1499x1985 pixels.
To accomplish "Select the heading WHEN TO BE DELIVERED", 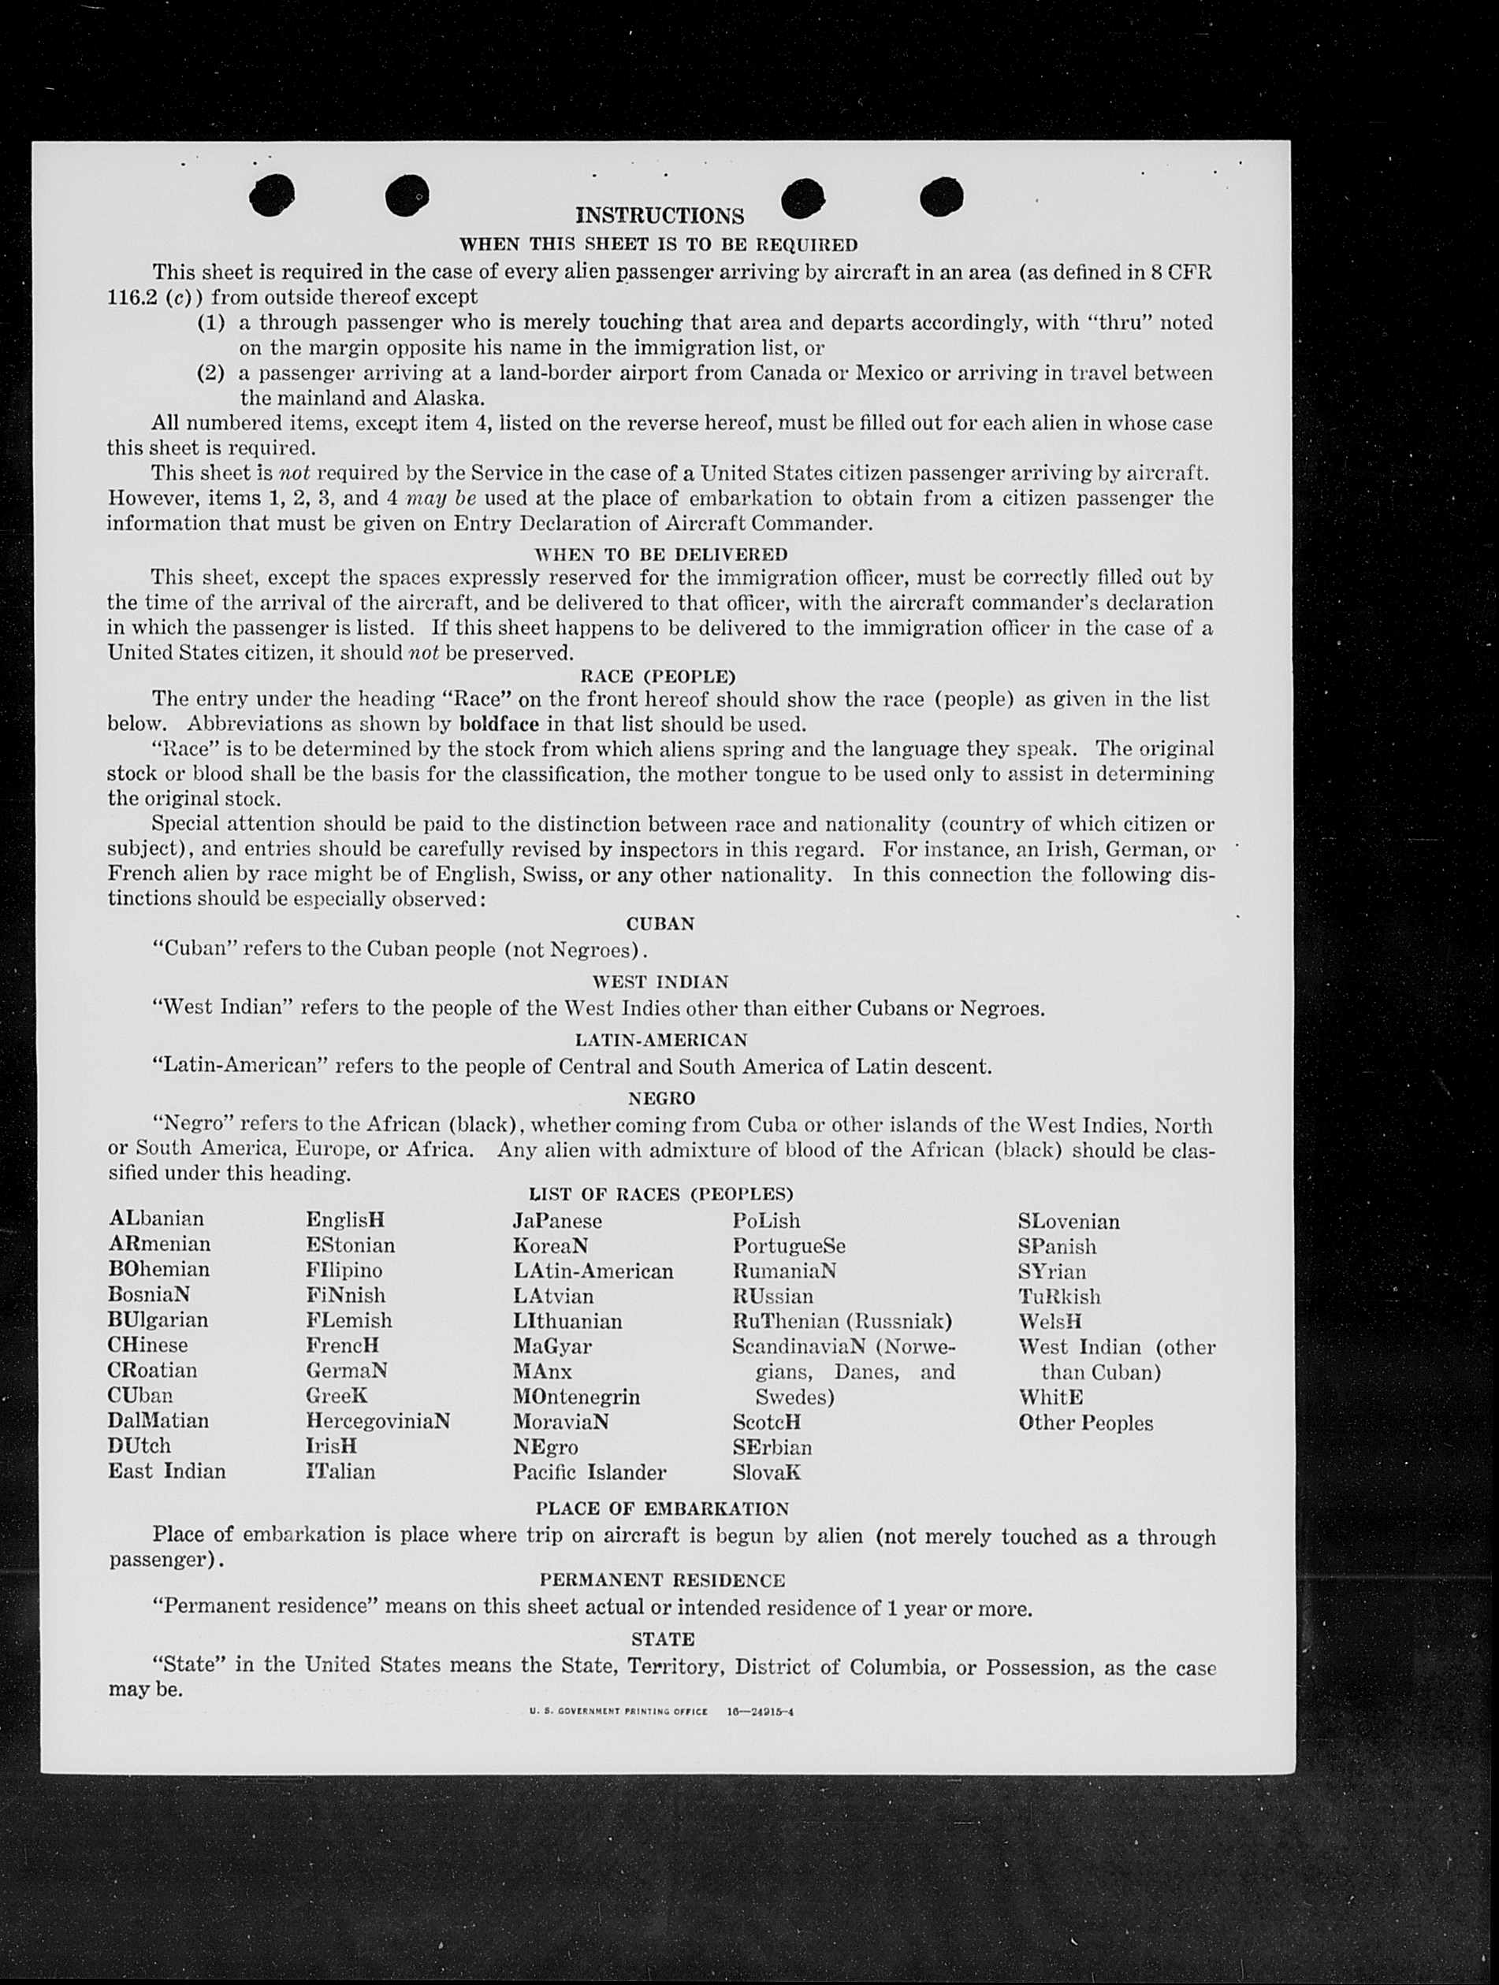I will tap(660, 554).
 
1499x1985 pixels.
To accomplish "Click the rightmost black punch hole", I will tap(942, 195).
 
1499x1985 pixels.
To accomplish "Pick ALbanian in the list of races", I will tap(156, 1219).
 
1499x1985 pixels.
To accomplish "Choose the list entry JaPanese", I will tap(557, 1220).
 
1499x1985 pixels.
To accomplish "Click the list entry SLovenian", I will tap(1068, 1222).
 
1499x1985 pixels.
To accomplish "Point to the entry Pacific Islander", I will tap(590, 1471).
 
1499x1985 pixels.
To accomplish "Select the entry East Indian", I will tap(167, 1471).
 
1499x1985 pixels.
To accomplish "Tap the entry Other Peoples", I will tap(1085, 1423).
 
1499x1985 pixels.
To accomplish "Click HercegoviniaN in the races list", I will tap(378, 1422).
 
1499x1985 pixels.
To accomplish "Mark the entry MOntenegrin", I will tap(576, 1397).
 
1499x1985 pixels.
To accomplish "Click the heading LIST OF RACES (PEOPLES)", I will tap(660, 1194).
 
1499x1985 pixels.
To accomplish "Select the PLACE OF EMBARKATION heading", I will tap(661, 1508).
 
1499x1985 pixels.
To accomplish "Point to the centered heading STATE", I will tap(663, 1638).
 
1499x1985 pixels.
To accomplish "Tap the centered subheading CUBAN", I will tap(660, 923).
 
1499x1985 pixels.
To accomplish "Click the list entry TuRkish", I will tap(1059, 1297).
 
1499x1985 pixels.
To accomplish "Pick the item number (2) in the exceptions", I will tap(211, 373).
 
